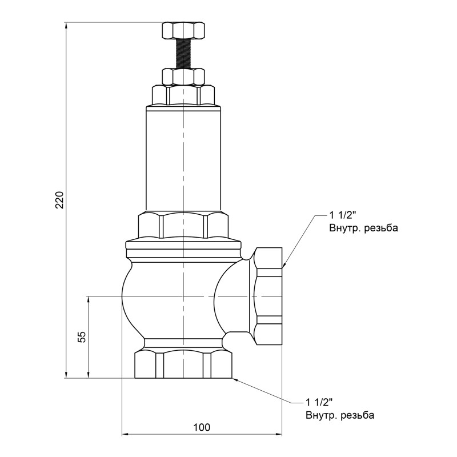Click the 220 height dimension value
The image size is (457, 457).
pos(59,200)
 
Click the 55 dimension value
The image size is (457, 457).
pos(82,337)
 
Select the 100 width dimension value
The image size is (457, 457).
pos(202,427)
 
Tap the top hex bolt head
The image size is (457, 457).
pos(183,30)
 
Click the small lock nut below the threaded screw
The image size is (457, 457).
pos(183,77)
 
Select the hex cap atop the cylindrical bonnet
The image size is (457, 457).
pos(183,95)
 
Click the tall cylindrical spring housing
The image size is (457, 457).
pos(183,158)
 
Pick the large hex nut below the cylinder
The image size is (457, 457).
pos(183,225)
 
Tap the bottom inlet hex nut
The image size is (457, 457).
pos(183,364)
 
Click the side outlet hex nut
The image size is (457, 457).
pos(268,296)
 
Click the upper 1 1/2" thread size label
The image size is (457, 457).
pos(343,215)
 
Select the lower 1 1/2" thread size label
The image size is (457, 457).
pos(319,403)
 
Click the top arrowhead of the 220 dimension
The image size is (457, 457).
pos(66,25)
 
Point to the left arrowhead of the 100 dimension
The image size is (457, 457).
pos(125,435)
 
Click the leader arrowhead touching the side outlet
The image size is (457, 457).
pos(284,265)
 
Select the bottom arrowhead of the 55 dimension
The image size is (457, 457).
pos(89,375)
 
